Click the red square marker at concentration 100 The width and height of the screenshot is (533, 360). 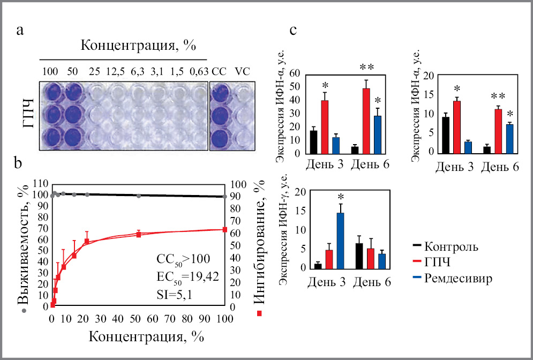[x=224, y=230]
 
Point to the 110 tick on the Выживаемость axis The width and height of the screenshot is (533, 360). [x=40, y=183]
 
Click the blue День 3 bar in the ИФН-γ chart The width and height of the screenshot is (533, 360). [x=339, y=240]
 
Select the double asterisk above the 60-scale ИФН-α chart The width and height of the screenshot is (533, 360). [x=366, y=67]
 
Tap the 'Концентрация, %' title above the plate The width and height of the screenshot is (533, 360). [x=138, y=46]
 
